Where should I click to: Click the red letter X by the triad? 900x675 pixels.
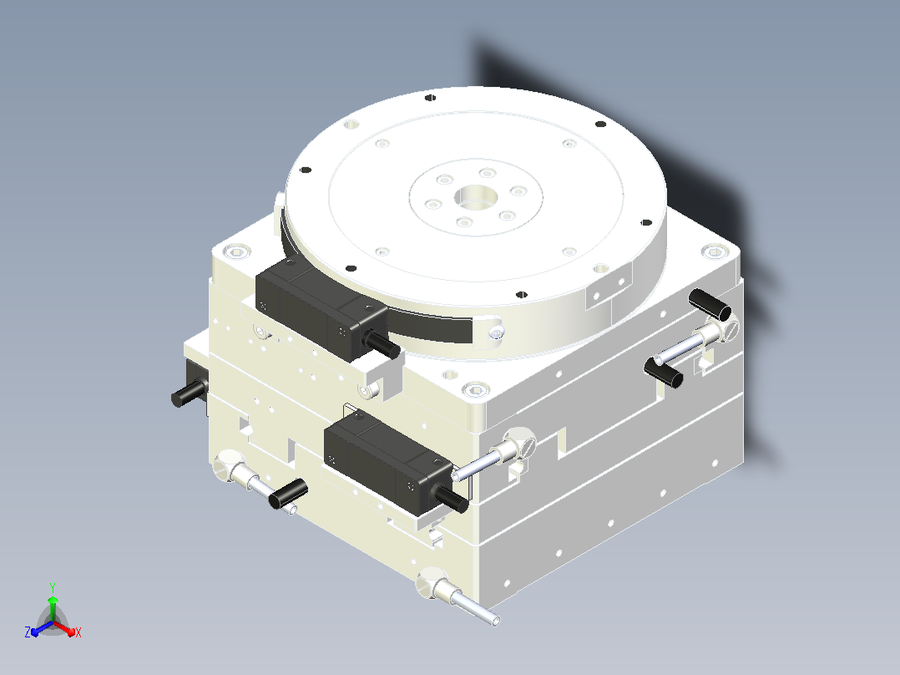tap(78, 632)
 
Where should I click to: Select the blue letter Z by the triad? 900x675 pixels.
tap(27, 632)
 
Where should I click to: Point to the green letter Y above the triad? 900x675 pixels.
tap(53, 587)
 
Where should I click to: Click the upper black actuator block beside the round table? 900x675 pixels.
tap(321, 307)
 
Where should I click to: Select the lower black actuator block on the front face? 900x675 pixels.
tap(388, 461)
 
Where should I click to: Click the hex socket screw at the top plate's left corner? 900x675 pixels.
tap(237, 251)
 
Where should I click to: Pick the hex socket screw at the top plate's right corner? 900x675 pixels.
tap(714, 251)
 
